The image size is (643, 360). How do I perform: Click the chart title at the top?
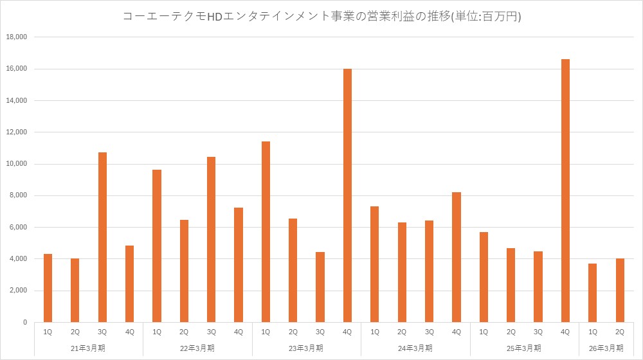coord(321,17)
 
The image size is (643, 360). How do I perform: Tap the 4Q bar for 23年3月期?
coord(347,195)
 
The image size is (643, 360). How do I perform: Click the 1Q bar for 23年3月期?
coord(266,231)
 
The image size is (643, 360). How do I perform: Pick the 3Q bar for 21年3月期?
coord(102,237)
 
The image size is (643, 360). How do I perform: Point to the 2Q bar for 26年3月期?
coord(620,290)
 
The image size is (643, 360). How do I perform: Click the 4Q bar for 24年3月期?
coord(457,257)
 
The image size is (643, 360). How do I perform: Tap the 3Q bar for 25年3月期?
coord(538,287)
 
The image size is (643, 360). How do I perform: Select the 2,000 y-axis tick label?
coord(17,291)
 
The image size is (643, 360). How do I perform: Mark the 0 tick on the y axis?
coord(24,322)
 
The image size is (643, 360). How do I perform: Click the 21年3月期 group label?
coord(88,348)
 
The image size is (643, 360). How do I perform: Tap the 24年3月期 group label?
coord(415,348)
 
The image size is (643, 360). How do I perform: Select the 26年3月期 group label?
coord(606,348)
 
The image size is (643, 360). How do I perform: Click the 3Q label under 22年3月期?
coord(211,332)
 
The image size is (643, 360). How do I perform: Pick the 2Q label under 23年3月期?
coord(293,332)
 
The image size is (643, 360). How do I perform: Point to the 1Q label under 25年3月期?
coord(484,332)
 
